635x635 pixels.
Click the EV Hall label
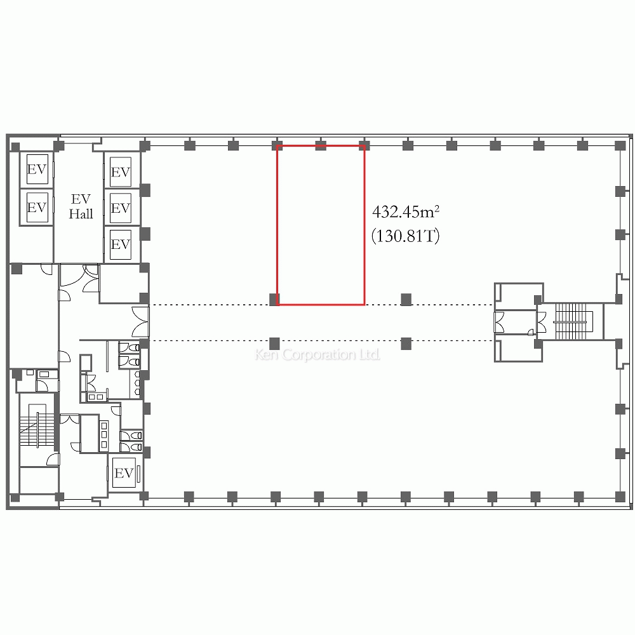[x=81, y=206]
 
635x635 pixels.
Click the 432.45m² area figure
[x=406, y=212]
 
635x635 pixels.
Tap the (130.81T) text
[x=405, y=236]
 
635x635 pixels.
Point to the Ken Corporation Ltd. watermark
[x=317, y=355]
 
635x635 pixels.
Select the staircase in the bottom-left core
[x=37, y=429]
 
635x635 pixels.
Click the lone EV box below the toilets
[x=124, y=473]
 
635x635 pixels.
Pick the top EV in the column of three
[x=121, y=172]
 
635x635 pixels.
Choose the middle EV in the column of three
[x=121, y=208]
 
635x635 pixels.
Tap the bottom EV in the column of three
[x=121, y=244]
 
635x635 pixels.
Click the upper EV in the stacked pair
[x=37, y=169]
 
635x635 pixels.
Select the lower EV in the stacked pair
[x=37, y=208]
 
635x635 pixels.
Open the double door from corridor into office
[x=141, y=323]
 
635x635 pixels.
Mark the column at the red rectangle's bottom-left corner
[x=274, y=300]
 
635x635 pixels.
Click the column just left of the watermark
[x=274, y=344]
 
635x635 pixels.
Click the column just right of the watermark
[x=406, y=344]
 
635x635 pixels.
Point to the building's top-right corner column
[x=620, y=145]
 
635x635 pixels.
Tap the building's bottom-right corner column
[x=620, y=497]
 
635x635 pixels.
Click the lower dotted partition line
[x=322, y=341]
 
